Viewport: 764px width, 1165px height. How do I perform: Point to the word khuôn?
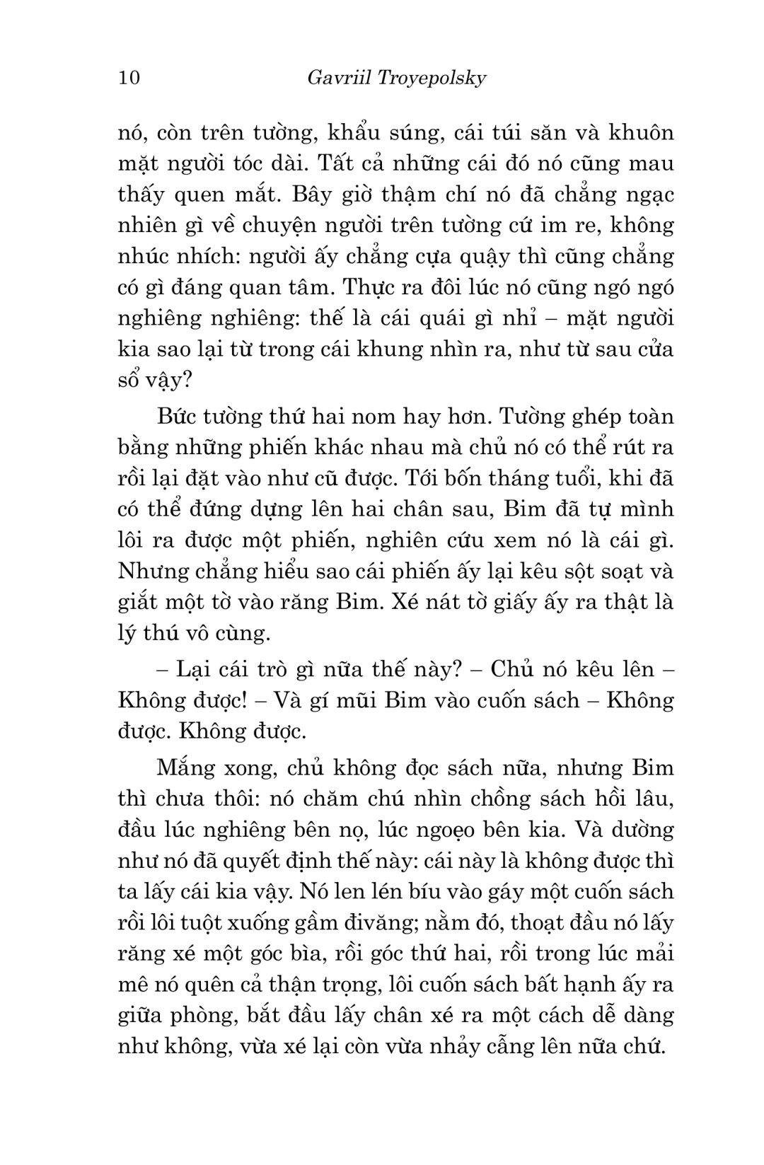637,133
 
